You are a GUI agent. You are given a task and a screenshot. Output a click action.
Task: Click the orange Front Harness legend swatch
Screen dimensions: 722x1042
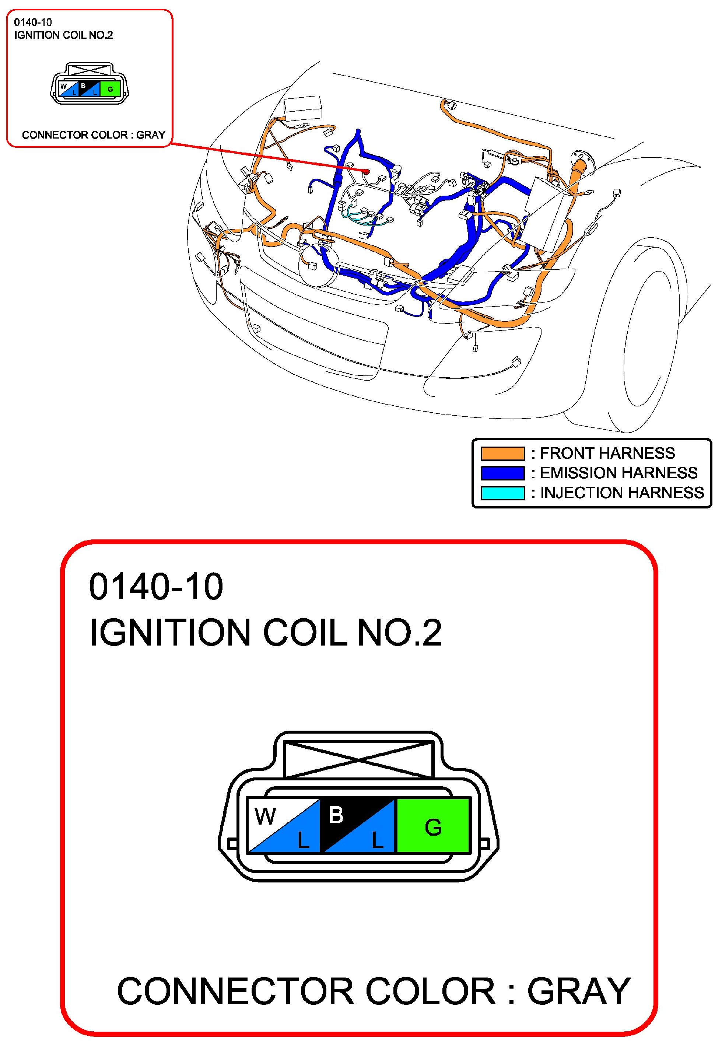502,453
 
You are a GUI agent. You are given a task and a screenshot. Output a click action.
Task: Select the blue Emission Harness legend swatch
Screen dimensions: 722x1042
502,473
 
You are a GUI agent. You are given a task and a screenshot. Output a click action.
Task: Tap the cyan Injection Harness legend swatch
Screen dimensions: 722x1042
502,493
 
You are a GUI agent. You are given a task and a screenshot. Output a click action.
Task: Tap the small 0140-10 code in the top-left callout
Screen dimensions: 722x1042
33,22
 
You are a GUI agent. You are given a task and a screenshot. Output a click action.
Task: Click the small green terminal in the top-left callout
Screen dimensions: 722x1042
110,89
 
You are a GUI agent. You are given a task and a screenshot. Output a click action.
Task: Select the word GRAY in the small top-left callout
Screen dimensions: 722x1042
151,135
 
